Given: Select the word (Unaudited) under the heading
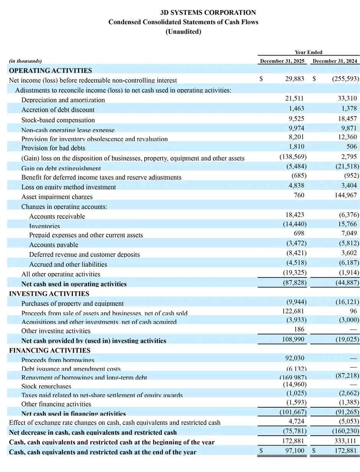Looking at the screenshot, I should tap(183, 32).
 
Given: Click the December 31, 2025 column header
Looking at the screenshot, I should tap(283, 61).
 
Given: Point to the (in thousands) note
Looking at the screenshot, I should tap(25, 61).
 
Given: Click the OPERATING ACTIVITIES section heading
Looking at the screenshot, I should tap(50, 70).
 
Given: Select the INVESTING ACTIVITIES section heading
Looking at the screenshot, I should tap(49, 293).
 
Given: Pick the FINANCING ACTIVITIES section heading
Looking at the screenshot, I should tap(50, 350).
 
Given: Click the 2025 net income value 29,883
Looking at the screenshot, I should tap(295, 79).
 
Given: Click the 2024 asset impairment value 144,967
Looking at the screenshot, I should tap(345, 196).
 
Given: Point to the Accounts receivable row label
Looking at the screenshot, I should tap(57, 216).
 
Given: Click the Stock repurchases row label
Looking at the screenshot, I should tap(46, 387).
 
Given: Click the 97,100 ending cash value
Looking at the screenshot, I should tap(294, 451).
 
